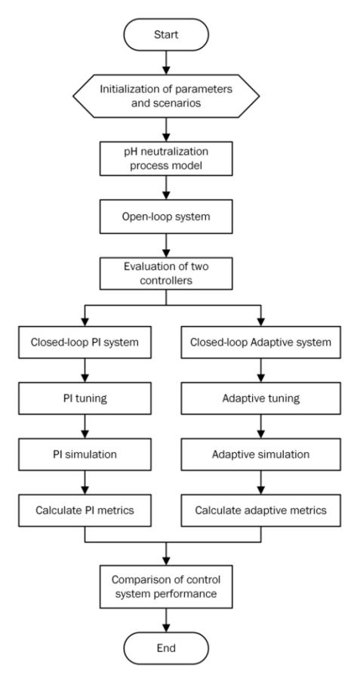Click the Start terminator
pyautogui.click(x=166, y=35)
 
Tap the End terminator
pyautogui.click(x=166, y=648)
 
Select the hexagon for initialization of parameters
pyautogui.click(x=166, y=97)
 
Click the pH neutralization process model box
pyautogui.click(x=166, y=159)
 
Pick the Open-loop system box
pyautogui.click(x=166, y=217)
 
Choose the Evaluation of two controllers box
pyautogui.click(x=166, y=273)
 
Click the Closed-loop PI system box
pyautogui.click(x=85, y=342)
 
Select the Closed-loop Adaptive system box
pyautogui.click(x=260, y=342)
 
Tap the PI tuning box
pyautogui.click(x=85, y=398)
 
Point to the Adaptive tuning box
pyautogui.click(x=260, y=398)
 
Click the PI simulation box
pyautogui.click(x=85, y=454)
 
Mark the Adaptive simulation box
pyautogui.click(x=260, y=454)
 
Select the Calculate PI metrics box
pyautogui.click(x=85, y=510)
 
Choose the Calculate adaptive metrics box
pyautogui.click(x=260, y=510)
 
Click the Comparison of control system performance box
pyautogui.click(x=166, y=586)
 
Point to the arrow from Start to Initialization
pyautogui.click(x=166, y=63)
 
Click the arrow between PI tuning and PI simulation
pyautogui.click(x=85, y=426)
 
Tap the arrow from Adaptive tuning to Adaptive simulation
pyautogui.click(x=260, y=426)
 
